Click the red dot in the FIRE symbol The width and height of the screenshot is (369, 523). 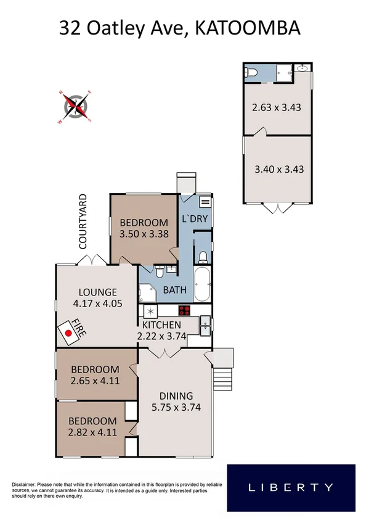coord(69,333)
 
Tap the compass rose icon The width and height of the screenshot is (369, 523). coord(77,106)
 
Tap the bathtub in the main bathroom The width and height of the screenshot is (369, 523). coord(203,282)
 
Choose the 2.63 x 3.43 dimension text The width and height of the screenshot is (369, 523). coord(276,107)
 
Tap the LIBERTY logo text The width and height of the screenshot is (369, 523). coord(291,487)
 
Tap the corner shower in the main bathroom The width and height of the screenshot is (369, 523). coord(148,293)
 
